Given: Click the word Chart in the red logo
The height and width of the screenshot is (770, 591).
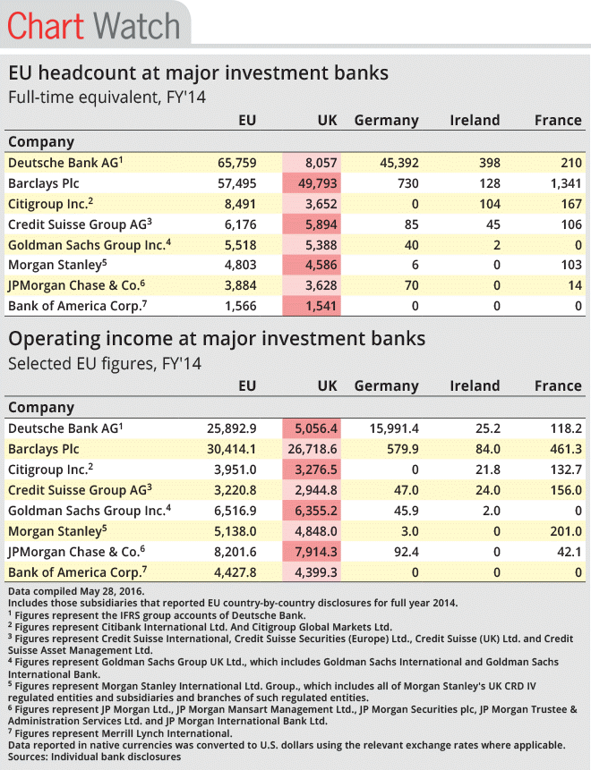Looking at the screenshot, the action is coord(46,26).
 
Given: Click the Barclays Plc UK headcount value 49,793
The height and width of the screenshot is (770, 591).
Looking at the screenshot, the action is coord(317,183).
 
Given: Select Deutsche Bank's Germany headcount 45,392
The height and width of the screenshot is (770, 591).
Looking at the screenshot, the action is coord(399,163).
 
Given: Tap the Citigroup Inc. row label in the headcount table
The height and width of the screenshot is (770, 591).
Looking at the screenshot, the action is coord(51,204).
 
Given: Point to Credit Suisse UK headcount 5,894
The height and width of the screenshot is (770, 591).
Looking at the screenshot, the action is coord(321,224).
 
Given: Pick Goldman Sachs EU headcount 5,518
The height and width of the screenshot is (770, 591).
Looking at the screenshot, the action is coord(241,245).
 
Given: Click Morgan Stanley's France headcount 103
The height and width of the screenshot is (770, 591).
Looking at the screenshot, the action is coord(571,266).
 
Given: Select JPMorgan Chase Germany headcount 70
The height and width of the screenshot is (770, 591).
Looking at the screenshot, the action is coord(412,286).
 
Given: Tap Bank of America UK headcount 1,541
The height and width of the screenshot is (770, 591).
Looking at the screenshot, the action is coord(321,307).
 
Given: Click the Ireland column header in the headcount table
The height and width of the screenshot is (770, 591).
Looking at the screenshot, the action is coord(475,121).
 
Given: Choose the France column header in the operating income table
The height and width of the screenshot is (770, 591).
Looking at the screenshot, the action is coord(558,386).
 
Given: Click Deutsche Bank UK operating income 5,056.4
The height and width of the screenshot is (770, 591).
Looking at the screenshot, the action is coord(316,428).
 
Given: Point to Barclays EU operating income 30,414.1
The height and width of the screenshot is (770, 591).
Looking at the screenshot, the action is coord(232,449).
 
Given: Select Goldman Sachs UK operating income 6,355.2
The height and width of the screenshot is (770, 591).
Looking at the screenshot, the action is coord(316,512).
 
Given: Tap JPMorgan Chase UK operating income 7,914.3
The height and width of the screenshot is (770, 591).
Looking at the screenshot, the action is coord(316,552).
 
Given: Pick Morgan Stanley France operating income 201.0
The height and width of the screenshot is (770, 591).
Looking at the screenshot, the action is coord(566,531).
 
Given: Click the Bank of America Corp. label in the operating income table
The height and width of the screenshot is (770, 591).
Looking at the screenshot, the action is coord(78,572).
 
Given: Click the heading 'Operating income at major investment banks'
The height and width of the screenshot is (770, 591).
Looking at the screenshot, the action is coord(217,339).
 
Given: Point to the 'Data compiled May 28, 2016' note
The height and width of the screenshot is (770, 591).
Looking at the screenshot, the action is coord(76,591).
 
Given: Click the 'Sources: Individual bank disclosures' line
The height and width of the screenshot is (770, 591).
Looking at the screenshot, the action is coord(94,757).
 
